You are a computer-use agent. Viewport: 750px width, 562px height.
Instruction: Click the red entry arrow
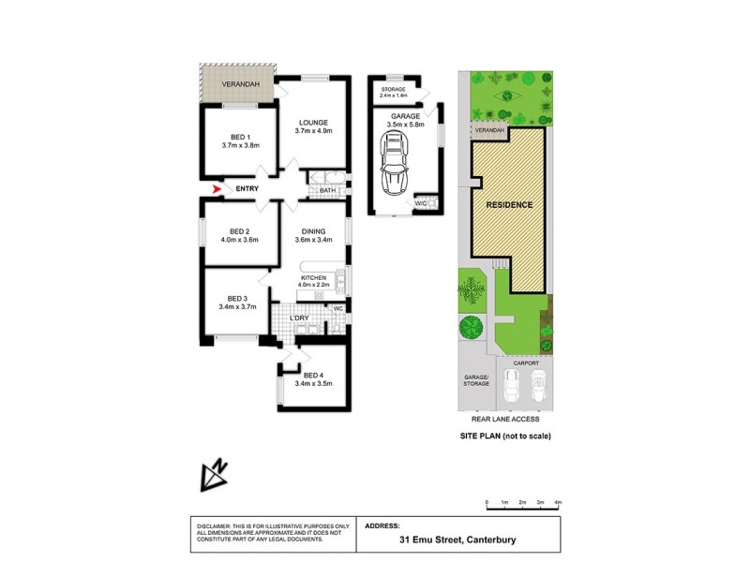click(217, 189)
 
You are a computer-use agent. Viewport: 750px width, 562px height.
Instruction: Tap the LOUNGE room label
click(312, 122)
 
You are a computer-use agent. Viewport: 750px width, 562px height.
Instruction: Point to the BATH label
click(327, 191)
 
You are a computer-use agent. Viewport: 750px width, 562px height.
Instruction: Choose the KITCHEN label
click(312, 279)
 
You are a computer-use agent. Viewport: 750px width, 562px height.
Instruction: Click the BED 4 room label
click(312, 375)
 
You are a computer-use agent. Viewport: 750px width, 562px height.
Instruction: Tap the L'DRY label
click(300, 318)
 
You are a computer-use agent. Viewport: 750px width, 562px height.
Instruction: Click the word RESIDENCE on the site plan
click(509, 204)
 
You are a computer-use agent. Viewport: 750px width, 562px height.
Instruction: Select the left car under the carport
click(512, 384)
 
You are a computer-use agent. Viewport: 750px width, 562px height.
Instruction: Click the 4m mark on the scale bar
click(558, 504)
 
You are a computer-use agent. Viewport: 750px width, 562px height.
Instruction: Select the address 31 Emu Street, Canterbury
click(457, 540)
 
